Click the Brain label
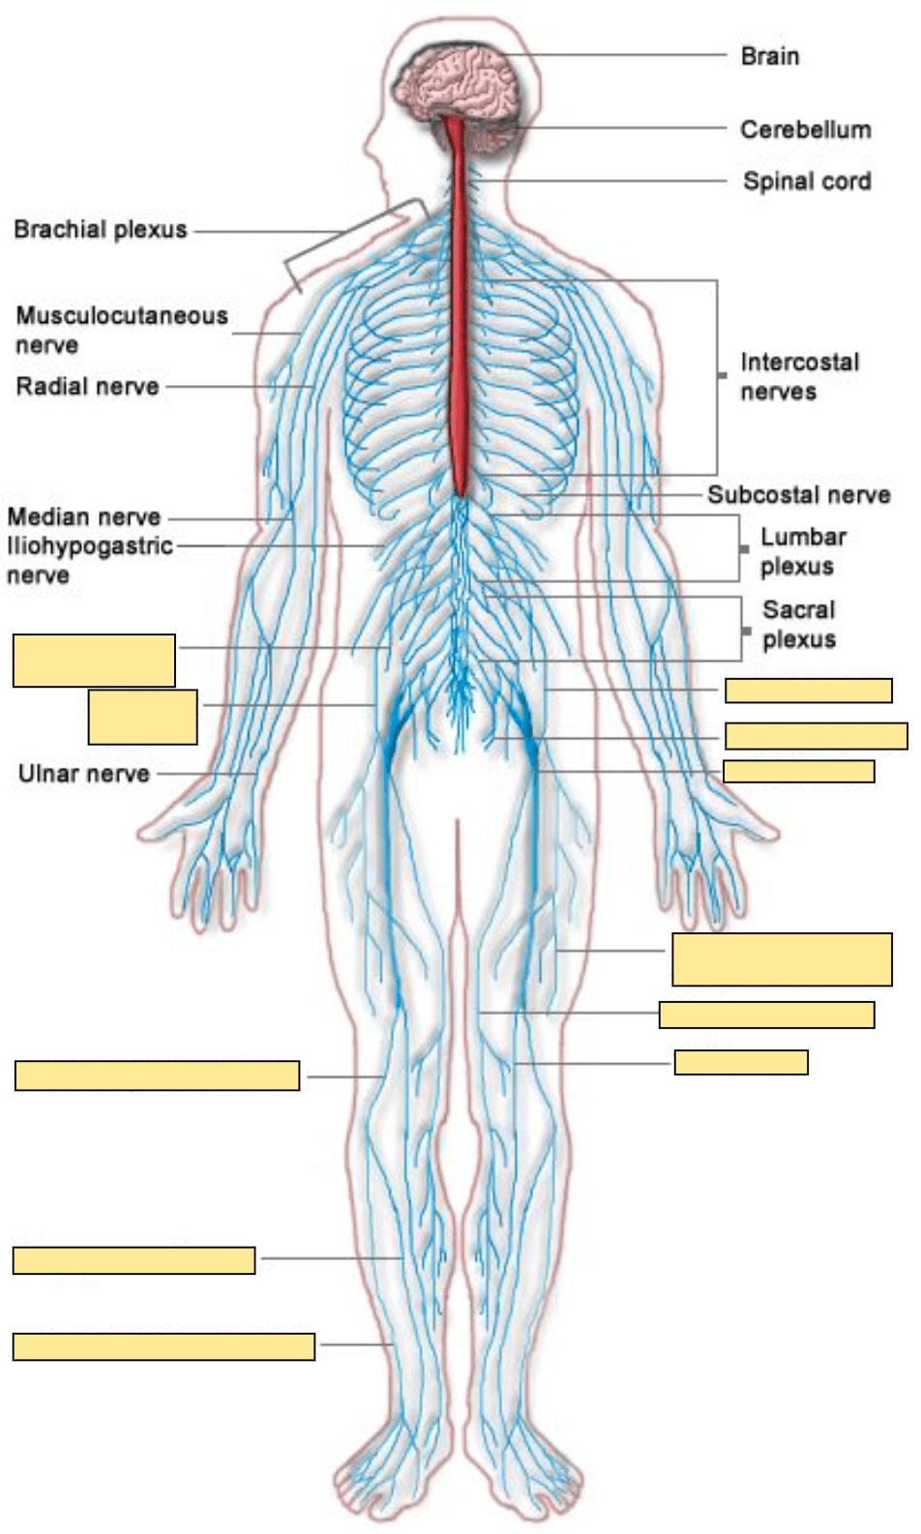pos(769,56)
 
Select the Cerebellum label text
pos(805,130)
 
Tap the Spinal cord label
pos(806,181)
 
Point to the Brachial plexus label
pos(101,230)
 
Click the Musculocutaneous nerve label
pos(121,330)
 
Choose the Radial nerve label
pos(87,387)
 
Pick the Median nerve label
pos(84,516)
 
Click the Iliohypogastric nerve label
pos(89,560)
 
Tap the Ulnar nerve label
pos(84,774)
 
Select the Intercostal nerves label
pos(799,376)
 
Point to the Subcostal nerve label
pos(798,495)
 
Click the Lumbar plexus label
pos(802,551)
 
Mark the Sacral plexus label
pos(799,624)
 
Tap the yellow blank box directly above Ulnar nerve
pos(142,717)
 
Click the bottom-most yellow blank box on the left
pos(163,1346)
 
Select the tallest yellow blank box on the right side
pos(782,959)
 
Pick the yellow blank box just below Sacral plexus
pos(808,690)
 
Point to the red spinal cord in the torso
pos(460,319)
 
